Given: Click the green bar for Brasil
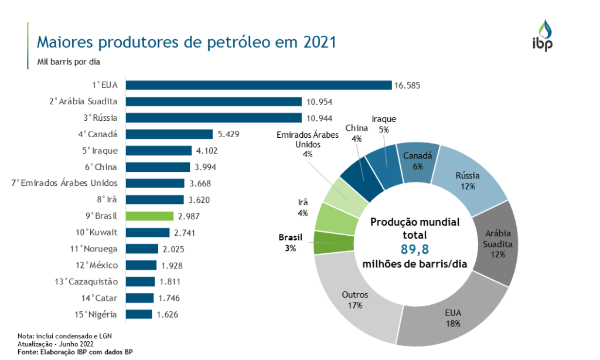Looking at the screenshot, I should [x=150, y=216].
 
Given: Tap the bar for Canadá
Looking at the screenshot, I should [x=169, y=134].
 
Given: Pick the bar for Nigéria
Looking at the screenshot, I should [x=139, y=314].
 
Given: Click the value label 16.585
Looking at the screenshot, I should [x=407, y=86].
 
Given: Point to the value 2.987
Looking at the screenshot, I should [x=189, y=216].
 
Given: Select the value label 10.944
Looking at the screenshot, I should [x=317, y=118].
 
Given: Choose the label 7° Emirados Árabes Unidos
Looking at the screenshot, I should [x=64, y=183].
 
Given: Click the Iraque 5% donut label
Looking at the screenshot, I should [x=384, y=124].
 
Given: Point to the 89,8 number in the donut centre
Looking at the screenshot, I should [x=415, y=250].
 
